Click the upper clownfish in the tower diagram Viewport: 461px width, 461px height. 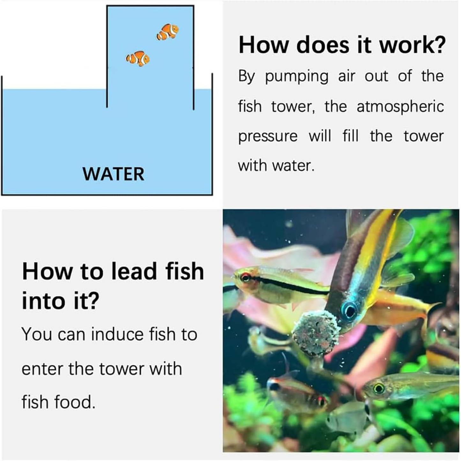point(167,32)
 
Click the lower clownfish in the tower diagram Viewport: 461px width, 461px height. point(138,59)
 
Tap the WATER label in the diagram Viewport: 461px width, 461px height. point(113,174)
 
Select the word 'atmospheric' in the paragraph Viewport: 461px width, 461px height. point(400,107)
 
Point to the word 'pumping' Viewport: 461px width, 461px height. point(296,77)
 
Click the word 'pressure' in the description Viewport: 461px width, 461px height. point(268,136)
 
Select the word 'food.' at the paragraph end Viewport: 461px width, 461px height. point(75,402)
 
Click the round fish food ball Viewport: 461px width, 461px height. point(316,333)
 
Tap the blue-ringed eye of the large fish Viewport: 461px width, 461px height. point(349,310)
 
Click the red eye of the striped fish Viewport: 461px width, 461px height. point(245,277)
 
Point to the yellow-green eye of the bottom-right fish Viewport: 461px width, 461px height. point(379,388)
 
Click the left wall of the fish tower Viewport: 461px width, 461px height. point(107,57)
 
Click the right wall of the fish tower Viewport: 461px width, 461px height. point(193,57)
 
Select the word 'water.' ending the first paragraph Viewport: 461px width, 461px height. point(293,166)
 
